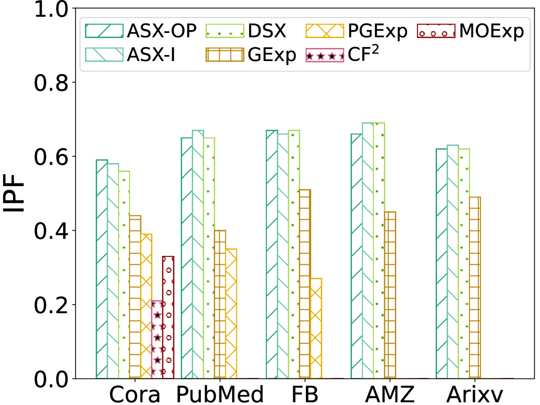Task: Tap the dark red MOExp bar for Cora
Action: [168, 317]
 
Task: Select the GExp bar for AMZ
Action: [389, 295]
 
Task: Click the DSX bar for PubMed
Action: [208, 258]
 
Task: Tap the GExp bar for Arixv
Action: [474, 287]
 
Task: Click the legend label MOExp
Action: [491, 31]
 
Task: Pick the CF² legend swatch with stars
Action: [325, 55]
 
